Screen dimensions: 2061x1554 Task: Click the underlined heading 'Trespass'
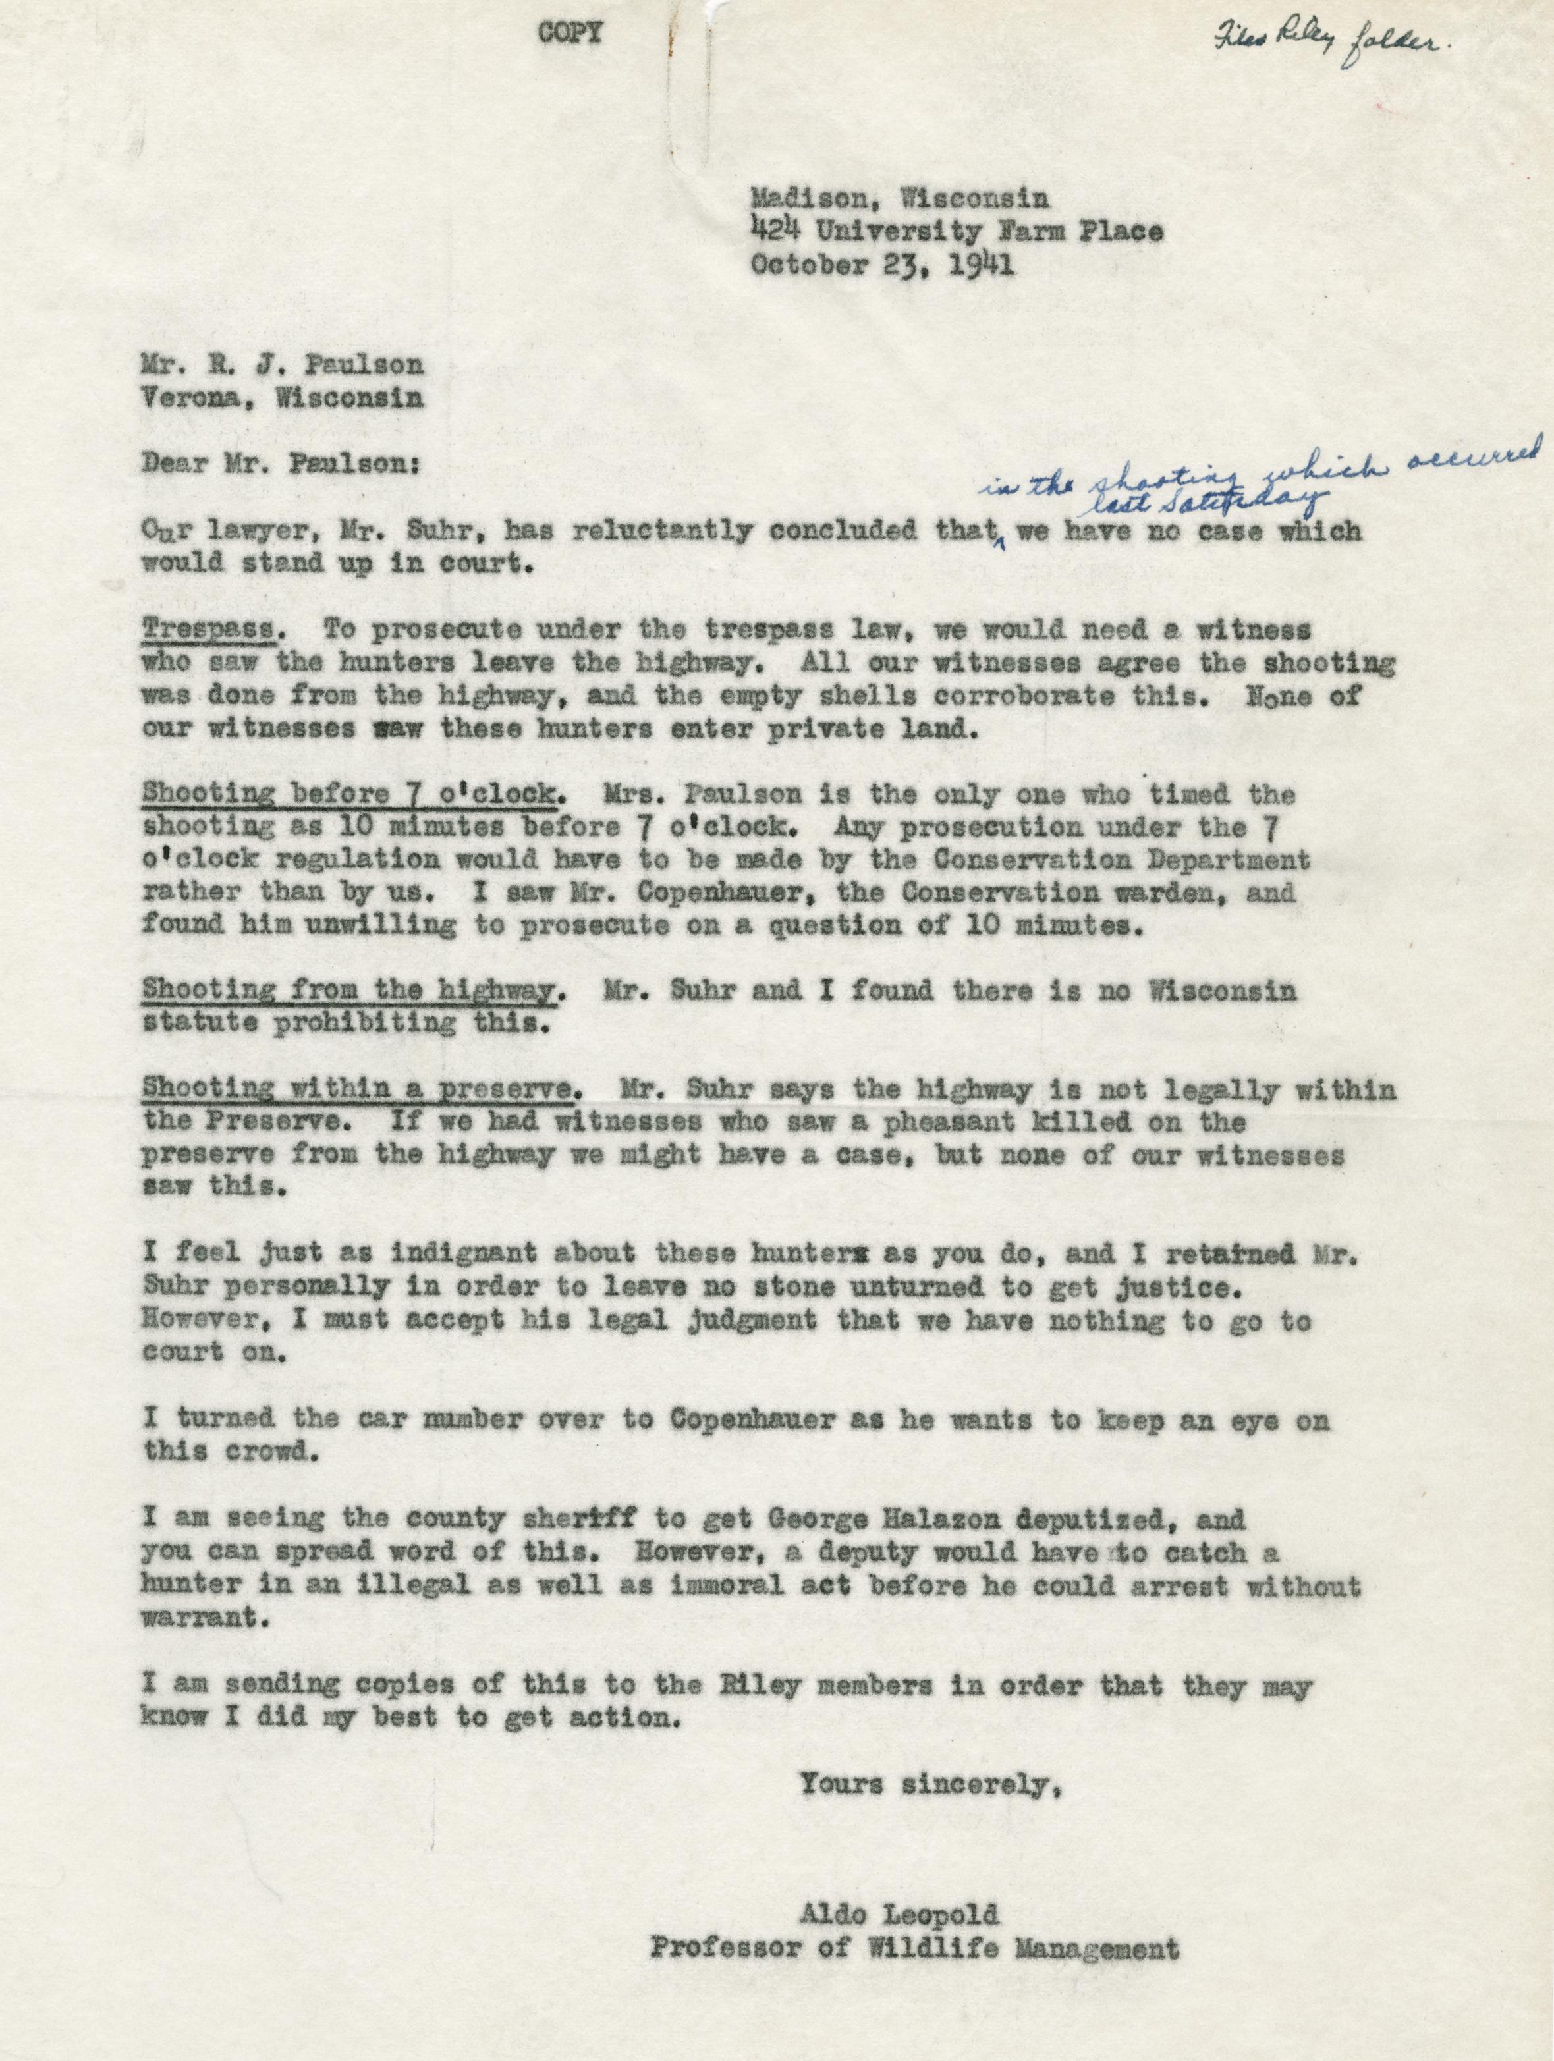(x=209, y=630)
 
